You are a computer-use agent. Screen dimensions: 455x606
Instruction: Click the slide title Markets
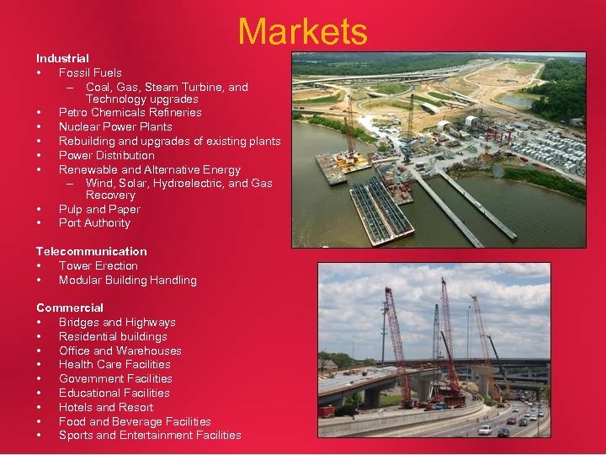302,32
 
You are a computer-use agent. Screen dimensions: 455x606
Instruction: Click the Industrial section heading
62,58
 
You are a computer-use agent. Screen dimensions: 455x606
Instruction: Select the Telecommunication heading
91,251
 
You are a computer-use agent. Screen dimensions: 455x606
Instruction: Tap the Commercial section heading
70,308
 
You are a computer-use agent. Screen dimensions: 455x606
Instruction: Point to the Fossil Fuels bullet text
90,72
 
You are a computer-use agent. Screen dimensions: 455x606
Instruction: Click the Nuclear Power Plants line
115,126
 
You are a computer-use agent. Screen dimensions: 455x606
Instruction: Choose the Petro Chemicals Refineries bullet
130,112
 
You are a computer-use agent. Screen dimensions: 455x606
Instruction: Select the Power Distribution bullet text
107,155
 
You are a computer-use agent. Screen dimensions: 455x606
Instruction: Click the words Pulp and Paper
99,209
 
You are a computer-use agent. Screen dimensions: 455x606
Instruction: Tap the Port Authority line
94,222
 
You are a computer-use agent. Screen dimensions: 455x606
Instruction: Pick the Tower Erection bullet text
98,265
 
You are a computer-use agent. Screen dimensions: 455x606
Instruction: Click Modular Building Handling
128,280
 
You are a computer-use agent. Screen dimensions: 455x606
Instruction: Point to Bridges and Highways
117,322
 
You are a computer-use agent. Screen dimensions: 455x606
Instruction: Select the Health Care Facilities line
114,364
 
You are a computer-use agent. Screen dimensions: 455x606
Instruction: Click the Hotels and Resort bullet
106,407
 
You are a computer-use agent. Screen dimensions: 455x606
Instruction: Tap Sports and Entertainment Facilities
150,435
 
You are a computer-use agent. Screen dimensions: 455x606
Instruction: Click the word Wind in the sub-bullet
98,183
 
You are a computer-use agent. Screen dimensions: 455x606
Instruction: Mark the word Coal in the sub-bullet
99,87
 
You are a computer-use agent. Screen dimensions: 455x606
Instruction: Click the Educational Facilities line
114,393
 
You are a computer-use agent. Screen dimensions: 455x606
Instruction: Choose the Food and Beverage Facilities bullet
135,421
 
